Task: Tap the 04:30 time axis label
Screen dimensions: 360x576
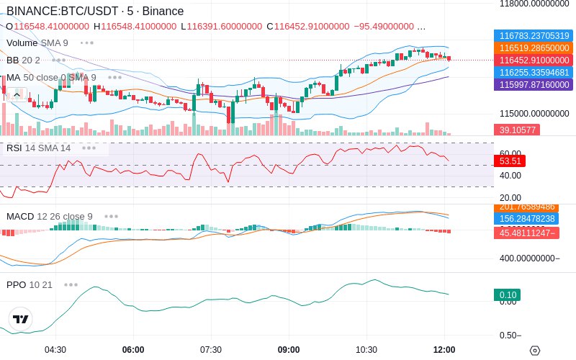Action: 55,350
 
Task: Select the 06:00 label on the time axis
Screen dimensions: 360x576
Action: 133,350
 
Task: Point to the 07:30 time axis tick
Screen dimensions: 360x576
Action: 211,350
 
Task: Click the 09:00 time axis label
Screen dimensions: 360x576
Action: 289,350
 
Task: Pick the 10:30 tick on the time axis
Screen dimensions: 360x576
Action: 366,350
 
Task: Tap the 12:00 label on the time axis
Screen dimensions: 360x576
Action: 444,350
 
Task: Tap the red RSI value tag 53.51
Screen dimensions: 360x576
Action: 509,161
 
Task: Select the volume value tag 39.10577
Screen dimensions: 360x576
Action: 516,130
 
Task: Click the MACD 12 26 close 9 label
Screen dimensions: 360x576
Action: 50,216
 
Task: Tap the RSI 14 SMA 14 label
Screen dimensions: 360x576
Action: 39,148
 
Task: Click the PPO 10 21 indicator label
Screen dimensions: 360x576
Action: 30,284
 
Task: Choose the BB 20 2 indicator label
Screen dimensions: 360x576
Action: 23,60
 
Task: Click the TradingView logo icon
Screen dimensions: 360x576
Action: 21,319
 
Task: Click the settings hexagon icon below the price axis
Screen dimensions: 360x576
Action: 534,351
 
